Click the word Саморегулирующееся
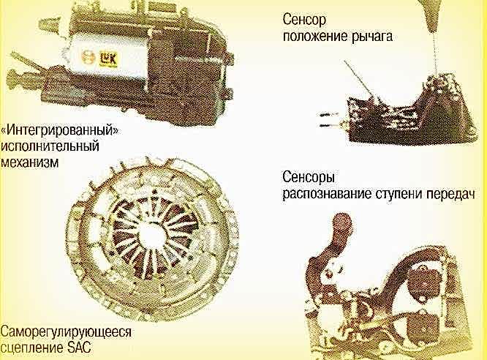67,332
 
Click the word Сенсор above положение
303,20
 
